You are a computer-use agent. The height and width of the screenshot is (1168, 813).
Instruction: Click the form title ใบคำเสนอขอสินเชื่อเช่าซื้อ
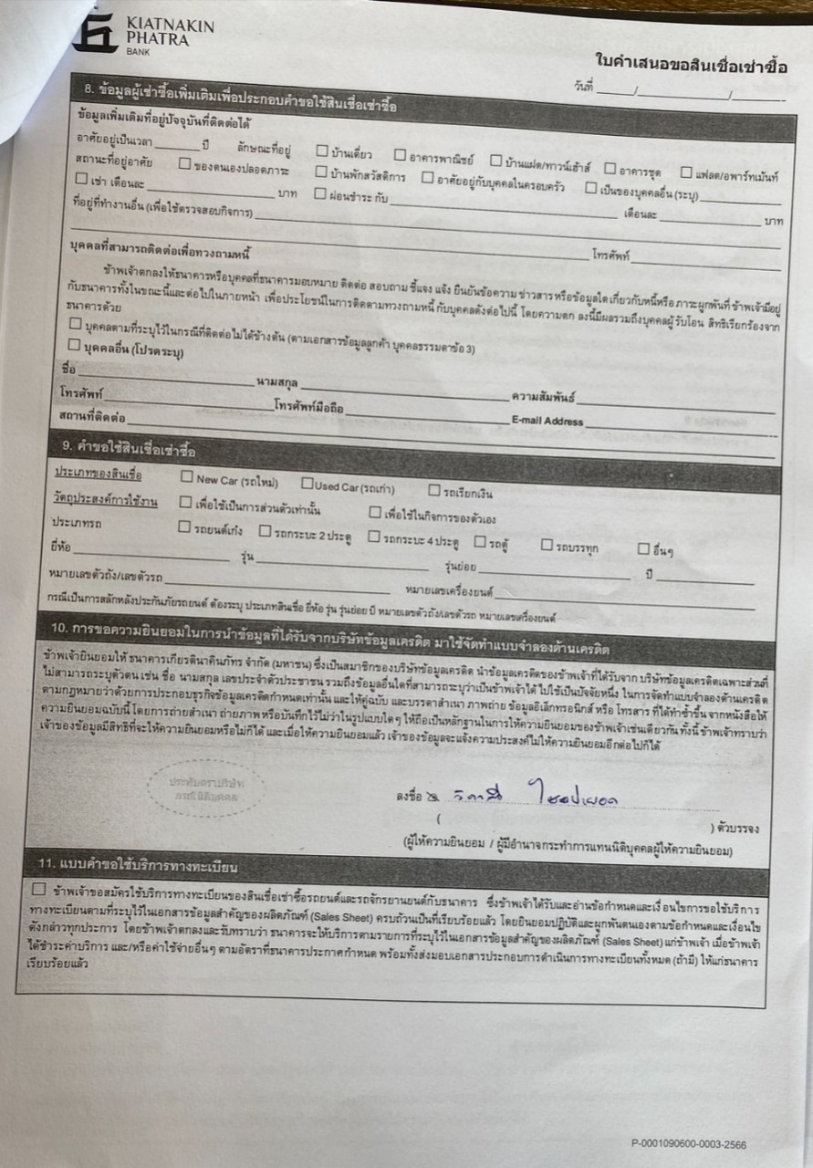point(691,66)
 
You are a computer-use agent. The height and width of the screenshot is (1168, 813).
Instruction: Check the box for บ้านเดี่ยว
point(322,151)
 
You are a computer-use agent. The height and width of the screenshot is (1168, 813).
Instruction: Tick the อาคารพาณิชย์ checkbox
point(401,155)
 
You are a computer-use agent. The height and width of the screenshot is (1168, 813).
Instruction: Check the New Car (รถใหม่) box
point(186,476)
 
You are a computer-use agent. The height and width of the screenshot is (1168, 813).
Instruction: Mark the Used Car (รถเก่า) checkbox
point(307,483)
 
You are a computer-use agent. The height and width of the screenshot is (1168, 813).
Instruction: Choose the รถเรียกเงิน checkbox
point(434,490)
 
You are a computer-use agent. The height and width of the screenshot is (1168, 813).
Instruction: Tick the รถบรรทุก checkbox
point(547,545)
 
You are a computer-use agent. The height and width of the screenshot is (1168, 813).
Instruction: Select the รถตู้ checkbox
point(479,541)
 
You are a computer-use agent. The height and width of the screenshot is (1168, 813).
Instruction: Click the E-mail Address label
point(547,421)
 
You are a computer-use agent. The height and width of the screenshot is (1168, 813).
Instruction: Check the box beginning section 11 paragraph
point(38,889)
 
